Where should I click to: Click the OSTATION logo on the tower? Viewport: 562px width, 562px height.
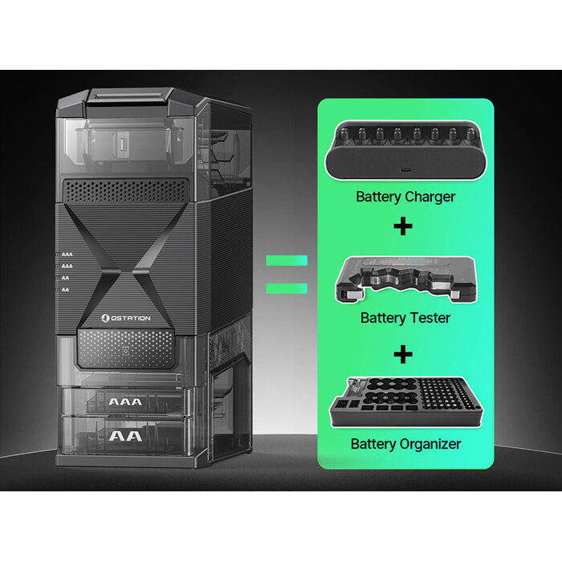125,318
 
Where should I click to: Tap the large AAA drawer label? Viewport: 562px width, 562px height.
125,401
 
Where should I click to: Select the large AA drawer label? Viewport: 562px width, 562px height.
125,436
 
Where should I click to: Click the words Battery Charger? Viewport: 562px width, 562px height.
405,197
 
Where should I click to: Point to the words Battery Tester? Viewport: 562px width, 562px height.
405,318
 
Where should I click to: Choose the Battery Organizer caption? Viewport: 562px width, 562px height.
405,444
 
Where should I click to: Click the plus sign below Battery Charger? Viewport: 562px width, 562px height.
403,226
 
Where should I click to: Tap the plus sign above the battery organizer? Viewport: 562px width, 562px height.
403,355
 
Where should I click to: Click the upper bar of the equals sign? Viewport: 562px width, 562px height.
287,260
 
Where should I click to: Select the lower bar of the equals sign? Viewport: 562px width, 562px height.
287,288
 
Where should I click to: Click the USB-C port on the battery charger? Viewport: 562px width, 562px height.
405,170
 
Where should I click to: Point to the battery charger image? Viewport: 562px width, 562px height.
405,150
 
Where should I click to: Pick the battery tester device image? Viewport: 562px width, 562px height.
405,279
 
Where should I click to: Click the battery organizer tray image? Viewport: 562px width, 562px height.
405,402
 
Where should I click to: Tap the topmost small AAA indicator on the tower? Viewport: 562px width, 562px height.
67,255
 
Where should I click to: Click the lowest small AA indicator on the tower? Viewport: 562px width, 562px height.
65,290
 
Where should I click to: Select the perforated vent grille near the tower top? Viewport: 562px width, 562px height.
125,191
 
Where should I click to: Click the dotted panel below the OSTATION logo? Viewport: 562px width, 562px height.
125,348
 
